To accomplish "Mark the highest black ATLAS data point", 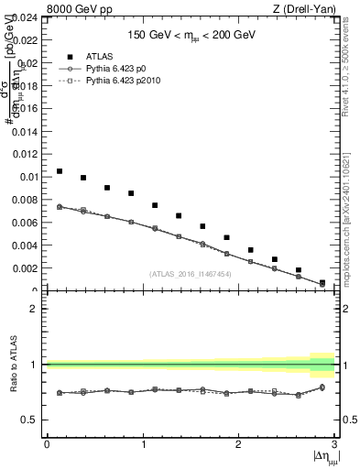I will (x=60, y=171).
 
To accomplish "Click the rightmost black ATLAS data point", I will (x=322, y=283).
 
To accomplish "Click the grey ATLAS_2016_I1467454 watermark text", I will (x=191, y=274).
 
